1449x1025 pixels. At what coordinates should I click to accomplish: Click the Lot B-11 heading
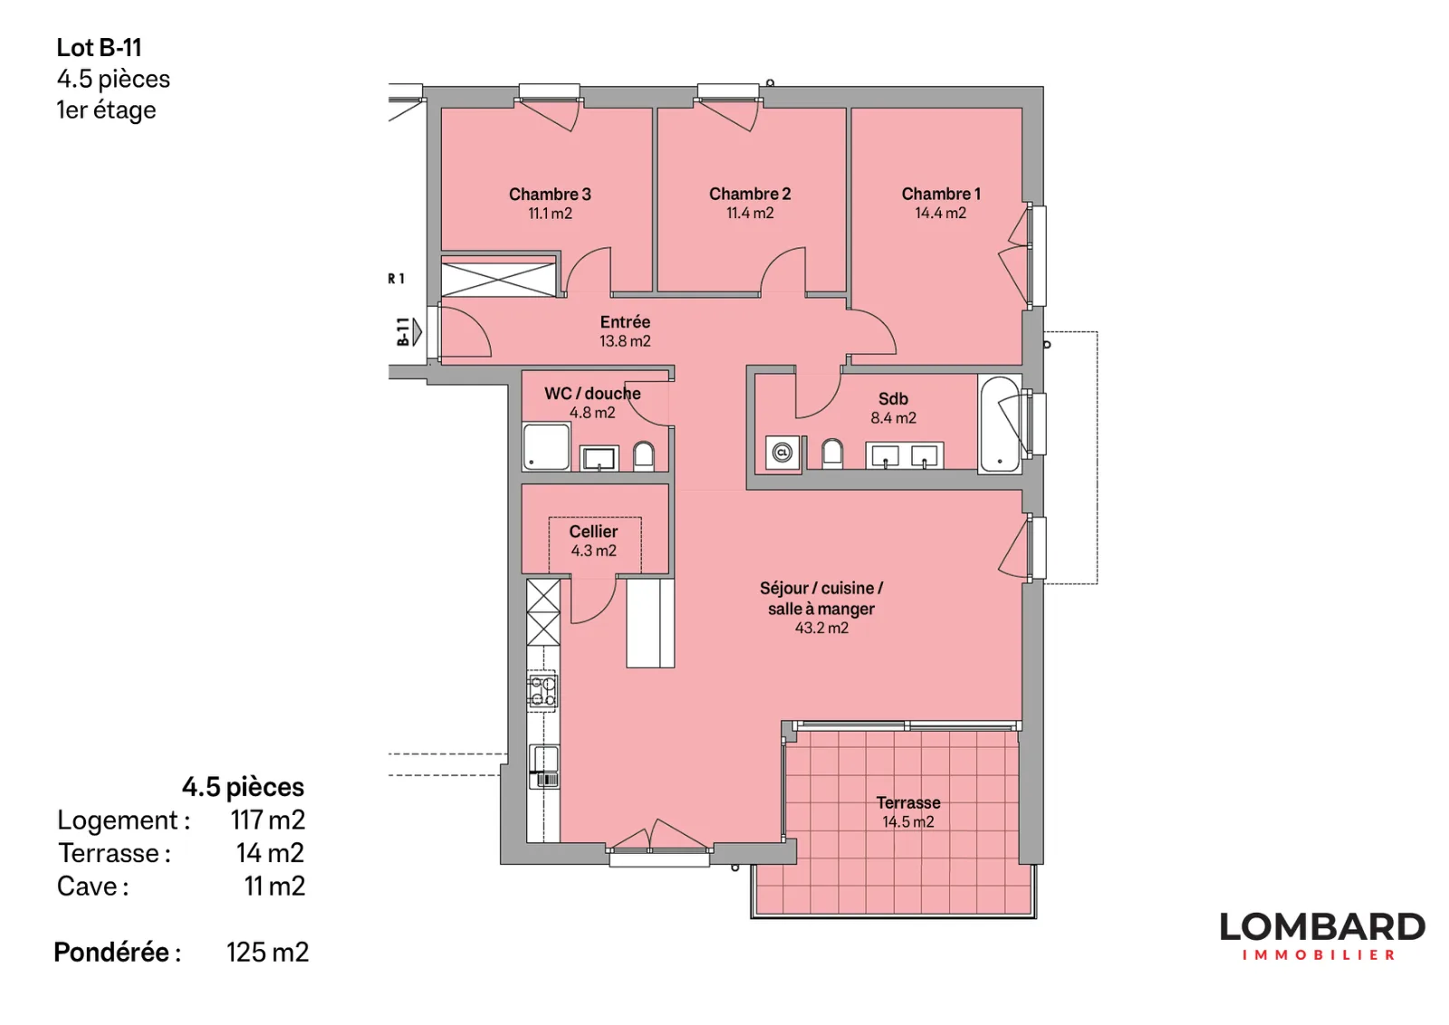click(x=99, y=48)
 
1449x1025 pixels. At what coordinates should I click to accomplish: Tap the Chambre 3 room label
click(x=550, y=194)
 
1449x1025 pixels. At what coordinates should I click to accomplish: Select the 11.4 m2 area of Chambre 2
click(x=750, y=214)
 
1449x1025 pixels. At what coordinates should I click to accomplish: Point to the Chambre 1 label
click(x=941, y=194)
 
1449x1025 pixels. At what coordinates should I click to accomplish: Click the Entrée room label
click(x=625, y=322)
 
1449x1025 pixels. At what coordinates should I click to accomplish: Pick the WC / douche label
click(x=592, y=394)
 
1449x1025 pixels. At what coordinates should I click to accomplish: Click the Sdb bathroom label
click(x=893, y=399)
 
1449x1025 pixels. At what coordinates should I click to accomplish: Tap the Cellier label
click(x=593, y=532)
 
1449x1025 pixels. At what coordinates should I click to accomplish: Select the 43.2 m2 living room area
click(x=821, y=627)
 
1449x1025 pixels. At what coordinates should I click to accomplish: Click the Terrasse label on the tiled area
click(x=908, y=802)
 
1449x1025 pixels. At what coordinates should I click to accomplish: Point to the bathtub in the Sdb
click(x=1000, y=424)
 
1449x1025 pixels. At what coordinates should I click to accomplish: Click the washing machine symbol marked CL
click(x=782, y=452)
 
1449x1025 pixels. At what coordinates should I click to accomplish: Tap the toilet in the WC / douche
click(x=643, y=456)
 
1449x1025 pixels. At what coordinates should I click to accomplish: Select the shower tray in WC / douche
click(x=547, y=446)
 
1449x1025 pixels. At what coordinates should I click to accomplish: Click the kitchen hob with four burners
click(x=542, y=691)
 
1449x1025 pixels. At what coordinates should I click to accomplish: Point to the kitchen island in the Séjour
click(x=650, y=623)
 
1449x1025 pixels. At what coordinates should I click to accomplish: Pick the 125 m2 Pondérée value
click(x=267, y=952)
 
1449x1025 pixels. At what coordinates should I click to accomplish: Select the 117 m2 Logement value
click(x=268, y=820)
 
